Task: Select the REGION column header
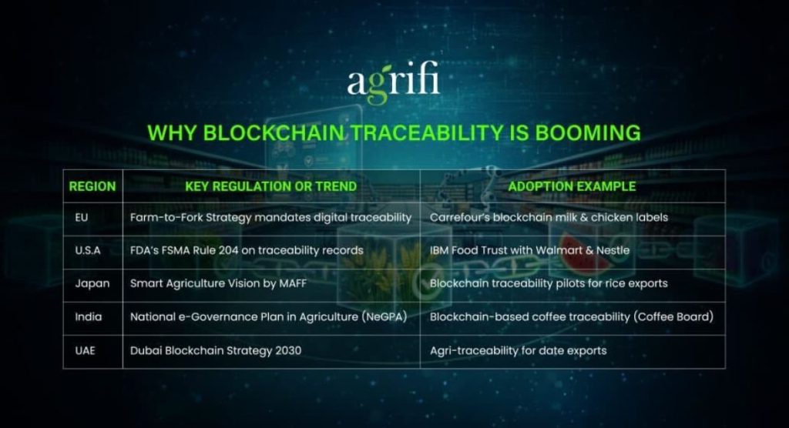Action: pos(92,186)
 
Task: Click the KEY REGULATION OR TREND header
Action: pos(270,186)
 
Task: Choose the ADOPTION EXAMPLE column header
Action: pos(572,186)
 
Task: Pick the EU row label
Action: pos(81,218)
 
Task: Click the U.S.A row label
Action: pos(87,250)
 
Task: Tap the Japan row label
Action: pos(92,283)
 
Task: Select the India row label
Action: pos(88,316)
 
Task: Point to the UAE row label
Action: pos(85,350)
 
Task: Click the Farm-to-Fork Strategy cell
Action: pos(270,218)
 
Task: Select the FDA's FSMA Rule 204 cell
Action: pos(247,250)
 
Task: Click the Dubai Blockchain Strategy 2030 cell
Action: pos(215,350)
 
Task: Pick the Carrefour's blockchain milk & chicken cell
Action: pos(549,218)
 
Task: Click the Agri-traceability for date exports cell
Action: pos(518,350)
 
